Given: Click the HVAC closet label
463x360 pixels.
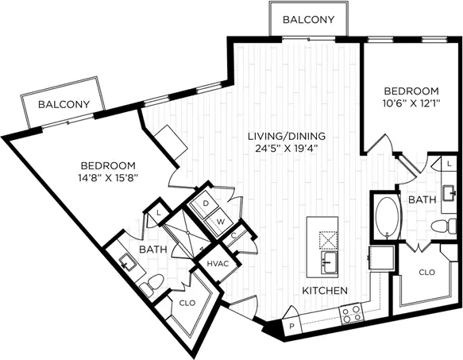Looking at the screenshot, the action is tap(218, 264).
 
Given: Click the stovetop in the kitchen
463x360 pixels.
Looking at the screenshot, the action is tap(351, 314).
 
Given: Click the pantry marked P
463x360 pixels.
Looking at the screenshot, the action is tap(292, 327).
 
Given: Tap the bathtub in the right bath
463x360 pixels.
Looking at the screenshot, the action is tap(388, 217).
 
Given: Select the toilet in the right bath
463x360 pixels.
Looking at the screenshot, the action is tap(443, 226).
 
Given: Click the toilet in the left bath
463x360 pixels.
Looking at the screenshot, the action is tap(152, 285).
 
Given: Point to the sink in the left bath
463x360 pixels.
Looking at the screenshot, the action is tap(127, 261).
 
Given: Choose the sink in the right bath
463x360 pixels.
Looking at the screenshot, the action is tap(449, 192).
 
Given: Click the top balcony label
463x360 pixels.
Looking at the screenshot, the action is tap(309, 20).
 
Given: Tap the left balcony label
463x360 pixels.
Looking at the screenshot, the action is tap(64, 104).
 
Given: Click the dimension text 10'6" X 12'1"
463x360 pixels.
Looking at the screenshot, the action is tap(411, 103).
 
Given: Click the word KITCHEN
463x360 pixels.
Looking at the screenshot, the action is tap(325, 291).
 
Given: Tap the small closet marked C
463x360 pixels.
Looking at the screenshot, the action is tap(233, 236).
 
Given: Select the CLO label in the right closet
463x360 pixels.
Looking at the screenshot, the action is tap(427, 272).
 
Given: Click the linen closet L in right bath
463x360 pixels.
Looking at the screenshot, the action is tap(449, 164).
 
